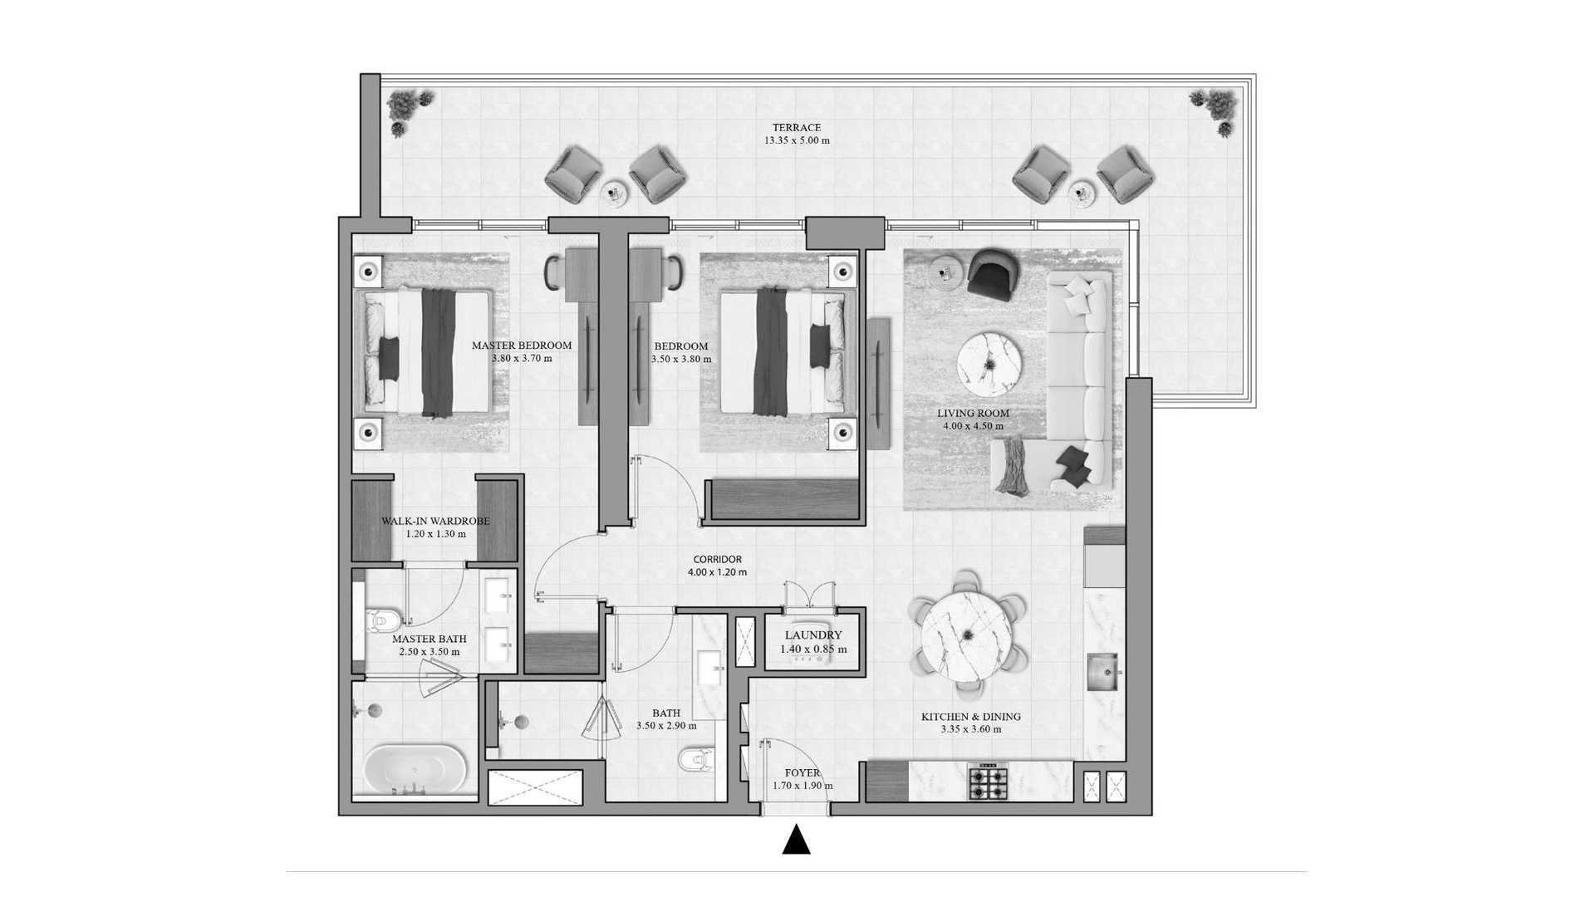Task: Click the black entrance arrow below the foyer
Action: pos(797,840)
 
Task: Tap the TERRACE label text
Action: pos(797,128)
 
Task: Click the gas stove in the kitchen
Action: pos(989,782)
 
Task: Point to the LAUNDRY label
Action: pos(813,635)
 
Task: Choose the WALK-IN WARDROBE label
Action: pos(435,522)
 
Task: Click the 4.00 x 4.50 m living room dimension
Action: pos(973,426)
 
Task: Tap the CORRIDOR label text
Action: pos(718,560)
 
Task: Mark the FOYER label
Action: pos(802,773)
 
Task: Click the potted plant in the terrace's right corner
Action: pos(1215,112)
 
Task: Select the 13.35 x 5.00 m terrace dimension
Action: pos(797,140)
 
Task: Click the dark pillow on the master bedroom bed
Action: pos(389,358)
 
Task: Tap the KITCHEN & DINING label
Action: pos(971,717)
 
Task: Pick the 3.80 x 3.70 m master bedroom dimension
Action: pos(522,359)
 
